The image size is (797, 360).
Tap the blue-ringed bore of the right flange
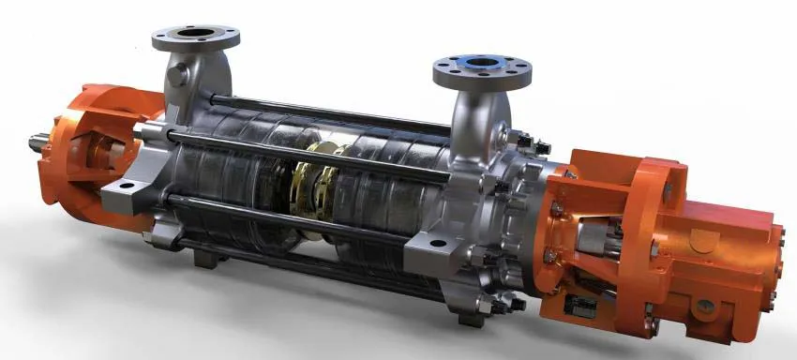tap(481, 67)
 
